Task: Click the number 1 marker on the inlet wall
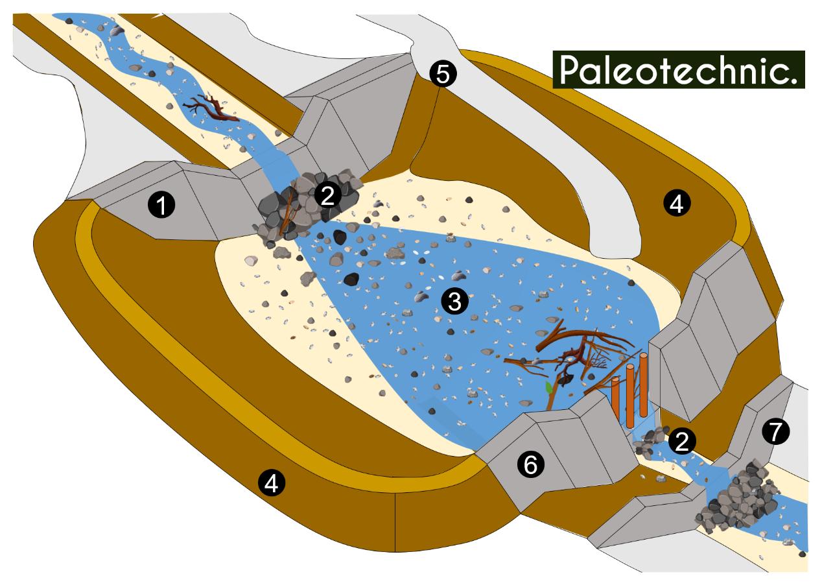161,206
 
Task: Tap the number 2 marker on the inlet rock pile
327,195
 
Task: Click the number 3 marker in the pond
454,300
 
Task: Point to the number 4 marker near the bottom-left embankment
271,483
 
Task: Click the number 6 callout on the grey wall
530,464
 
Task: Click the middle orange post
630,396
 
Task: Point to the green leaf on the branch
550,388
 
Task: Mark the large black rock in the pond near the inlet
351,279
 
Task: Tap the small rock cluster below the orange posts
650,440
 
